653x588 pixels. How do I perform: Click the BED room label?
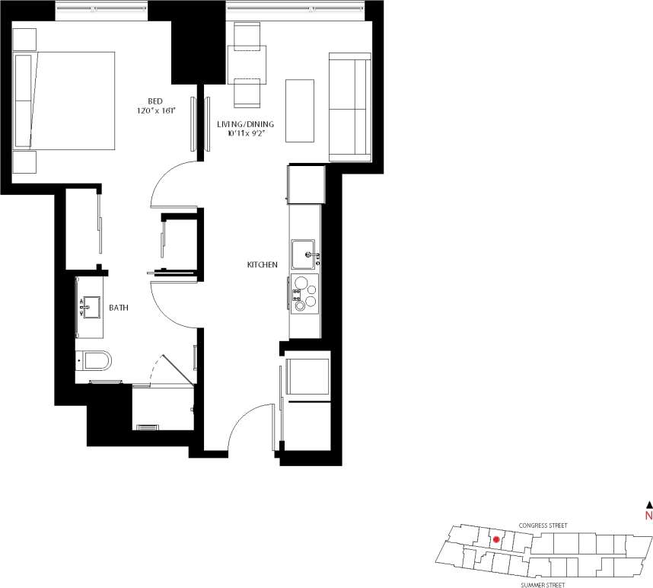154,101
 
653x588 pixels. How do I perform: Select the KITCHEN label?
261,264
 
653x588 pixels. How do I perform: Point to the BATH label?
118,308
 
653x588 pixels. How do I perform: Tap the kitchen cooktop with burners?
304,294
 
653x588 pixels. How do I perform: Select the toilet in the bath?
94,359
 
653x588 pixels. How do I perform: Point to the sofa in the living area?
349,107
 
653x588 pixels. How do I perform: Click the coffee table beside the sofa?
300,110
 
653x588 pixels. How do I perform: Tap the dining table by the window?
247,65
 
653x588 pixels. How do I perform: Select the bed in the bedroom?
65,101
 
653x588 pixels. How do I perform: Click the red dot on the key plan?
496,539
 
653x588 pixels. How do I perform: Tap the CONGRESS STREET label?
543,526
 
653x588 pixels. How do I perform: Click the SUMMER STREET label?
543,585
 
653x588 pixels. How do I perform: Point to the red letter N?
648,516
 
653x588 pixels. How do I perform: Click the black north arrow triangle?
648,503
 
